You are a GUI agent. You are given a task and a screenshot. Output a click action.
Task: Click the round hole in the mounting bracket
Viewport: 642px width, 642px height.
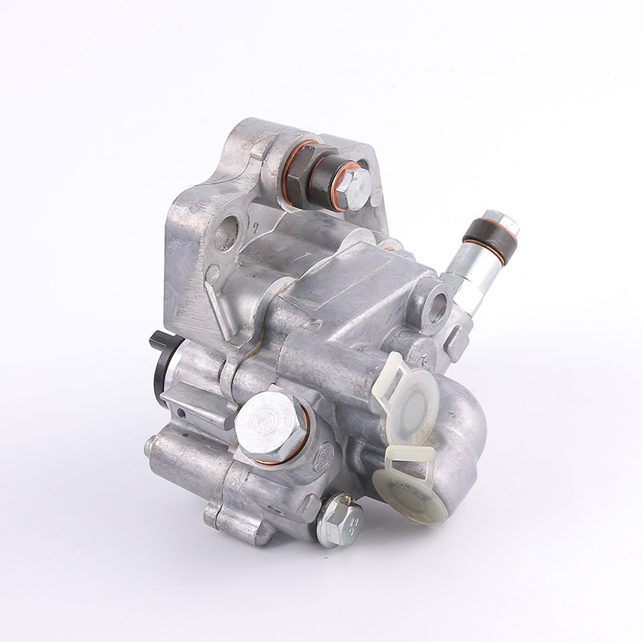pos(227,234)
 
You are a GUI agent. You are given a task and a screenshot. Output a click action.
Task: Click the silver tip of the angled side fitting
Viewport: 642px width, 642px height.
pos(501,221)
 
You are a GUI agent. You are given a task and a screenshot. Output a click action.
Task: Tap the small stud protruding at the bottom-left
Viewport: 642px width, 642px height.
pos(148,442)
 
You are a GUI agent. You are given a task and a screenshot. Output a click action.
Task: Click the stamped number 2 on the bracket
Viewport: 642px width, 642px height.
pos(255,229)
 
